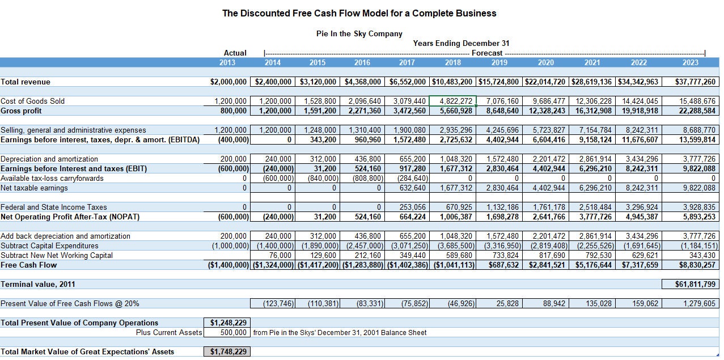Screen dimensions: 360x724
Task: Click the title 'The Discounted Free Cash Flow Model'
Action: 359,13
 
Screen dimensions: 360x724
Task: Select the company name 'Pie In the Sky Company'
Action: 359,33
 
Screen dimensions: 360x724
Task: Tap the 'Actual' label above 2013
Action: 235,53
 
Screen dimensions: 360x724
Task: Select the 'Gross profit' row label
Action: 21,111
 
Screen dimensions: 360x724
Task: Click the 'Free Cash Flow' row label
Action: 28,265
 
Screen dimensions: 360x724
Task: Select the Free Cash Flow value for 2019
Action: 499,265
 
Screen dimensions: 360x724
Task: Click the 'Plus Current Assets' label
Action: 169,332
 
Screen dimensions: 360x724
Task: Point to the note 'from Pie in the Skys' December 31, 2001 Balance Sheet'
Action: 340,332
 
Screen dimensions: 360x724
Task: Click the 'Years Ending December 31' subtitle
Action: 461,43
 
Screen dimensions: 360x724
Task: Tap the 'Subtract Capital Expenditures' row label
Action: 49,245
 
